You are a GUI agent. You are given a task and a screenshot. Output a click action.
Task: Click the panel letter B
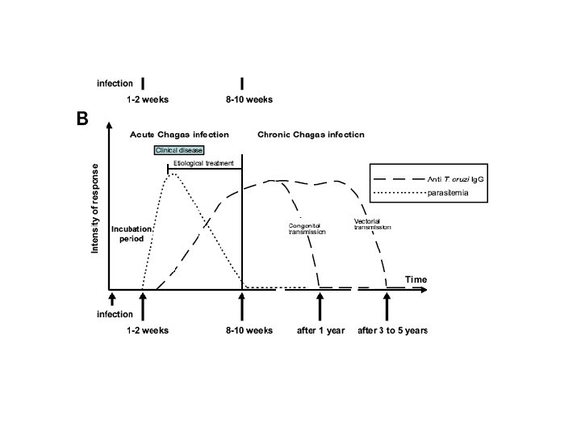(82, 119)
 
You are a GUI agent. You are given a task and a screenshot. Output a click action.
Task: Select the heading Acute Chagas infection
(180, 134)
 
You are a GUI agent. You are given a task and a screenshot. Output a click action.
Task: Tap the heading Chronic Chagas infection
(311, 134)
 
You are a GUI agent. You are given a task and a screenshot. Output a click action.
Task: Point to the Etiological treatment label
(203, 163)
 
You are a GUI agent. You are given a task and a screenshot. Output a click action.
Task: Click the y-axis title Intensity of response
(95, 209)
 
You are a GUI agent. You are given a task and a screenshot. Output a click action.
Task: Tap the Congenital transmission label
(307, 228)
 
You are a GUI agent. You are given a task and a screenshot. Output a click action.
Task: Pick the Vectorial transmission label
(372, 224)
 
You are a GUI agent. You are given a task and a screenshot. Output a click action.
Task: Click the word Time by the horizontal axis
(416, 279)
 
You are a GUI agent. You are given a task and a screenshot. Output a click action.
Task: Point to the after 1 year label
(320, 331)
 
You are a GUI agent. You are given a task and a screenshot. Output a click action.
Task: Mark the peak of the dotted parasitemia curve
(172, 173)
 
